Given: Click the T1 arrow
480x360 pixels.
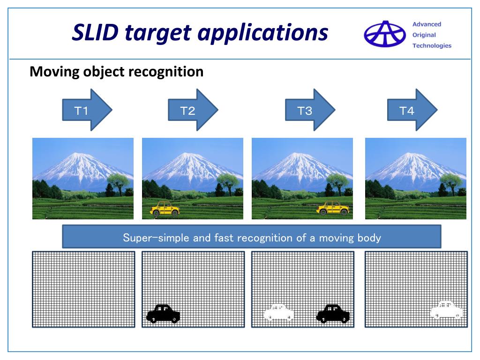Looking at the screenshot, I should [x=87, y=111].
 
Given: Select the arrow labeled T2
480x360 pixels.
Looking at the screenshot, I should [x=193, y=111].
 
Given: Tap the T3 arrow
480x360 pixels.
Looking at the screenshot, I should [x=310, y=111].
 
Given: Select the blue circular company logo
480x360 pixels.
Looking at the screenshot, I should [x=385, y=34].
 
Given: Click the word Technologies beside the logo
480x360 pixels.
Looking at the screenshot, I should [x=432, y=45].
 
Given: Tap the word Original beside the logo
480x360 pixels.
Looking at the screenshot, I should [x=424, y=35].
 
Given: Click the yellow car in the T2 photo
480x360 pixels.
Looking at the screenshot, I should [x=165, y=209].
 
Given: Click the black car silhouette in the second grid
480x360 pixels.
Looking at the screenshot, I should [x=163, y=314].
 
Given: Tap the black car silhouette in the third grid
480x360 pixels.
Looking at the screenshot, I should [x=333, y=314].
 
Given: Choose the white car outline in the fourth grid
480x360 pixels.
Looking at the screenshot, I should [x=446, y=310].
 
